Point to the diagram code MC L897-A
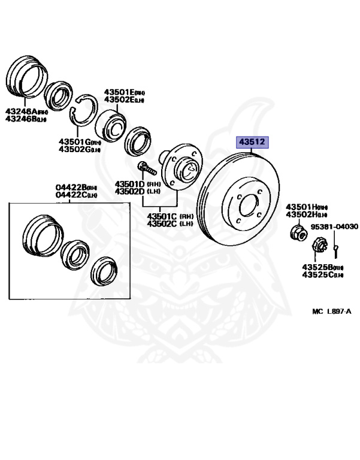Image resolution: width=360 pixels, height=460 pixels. coord(331,311)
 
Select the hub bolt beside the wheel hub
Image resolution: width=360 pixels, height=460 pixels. coord(145,168)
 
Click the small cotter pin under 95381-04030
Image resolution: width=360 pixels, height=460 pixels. coord(337,245)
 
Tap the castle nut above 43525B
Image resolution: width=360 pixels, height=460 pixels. coord(319,244)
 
